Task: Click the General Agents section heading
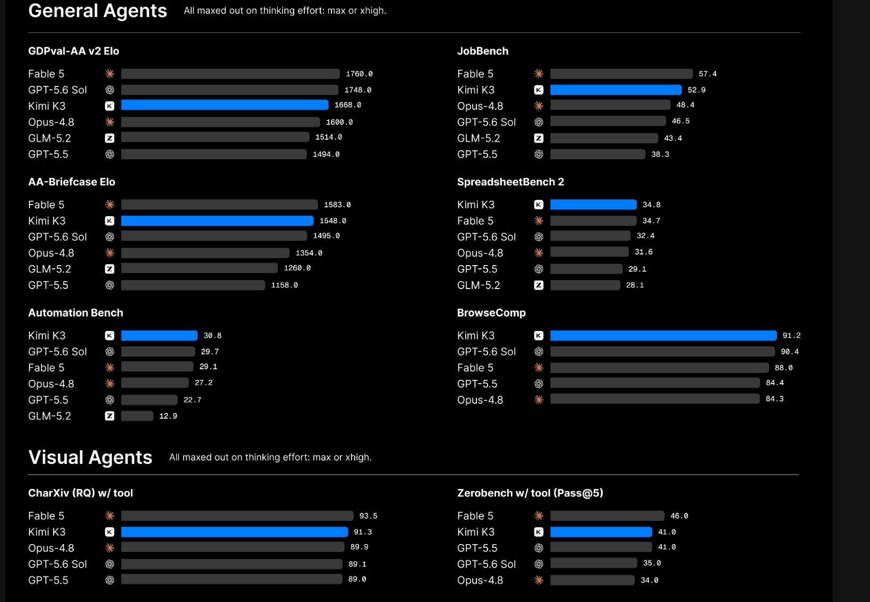pyautogui.click(x=98, y=11)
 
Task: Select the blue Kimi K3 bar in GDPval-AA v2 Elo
pyautogui.click(x=225, y=105)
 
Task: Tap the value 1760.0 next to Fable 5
pyautogui.click(x=359, y=74)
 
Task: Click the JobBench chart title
pyautogui.click(x=482, y=51)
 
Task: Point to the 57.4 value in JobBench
pyautogui.click(x=707, y=74)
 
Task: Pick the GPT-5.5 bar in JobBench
pyautogui.click(x=598, y=154)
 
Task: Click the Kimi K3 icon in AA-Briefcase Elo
pyautogui.click(x=109, y=221)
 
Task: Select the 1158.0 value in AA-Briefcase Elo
pyautogui.click(x=284, y=285)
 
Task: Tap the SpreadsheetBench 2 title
pyautogui.click(x=510, y=182)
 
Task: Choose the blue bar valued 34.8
pyautogui.click(x=593, y=205)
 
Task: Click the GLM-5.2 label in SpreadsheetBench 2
pyautogui.click(x=478, y=285)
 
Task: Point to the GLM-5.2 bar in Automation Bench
pyautogui.click(x=137, y=416)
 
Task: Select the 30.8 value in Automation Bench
pyautogui.click(x=212, y=335)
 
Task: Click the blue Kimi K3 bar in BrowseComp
pyautogui.click(x=663, y=335)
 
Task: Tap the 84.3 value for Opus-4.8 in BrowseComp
pyautogui.click(x=774, y=398)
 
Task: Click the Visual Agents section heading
pyautogui.click(x=90, y=457)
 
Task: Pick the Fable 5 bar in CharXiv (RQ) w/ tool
pyautogui.click(x=237, y=516)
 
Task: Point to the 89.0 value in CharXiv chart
pyautogui.click(x=357, y=579)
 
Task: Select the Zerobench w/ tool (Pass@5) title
pyautogui.click(x=530, y=493)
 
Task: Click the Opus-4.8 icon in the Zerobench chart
pyautogui.click(x=539, y=580)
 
